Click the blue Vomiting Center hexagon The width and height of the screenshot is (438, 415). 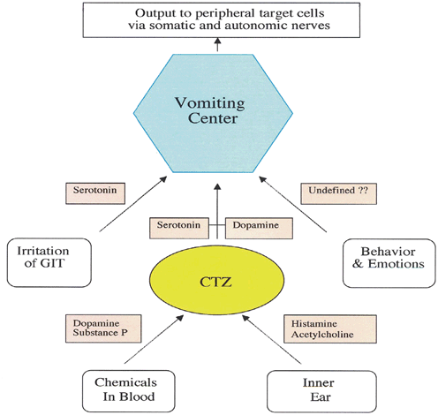click(217, 112)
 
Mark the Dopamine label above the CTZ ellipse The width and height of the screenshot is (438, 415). click(255, 226)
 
